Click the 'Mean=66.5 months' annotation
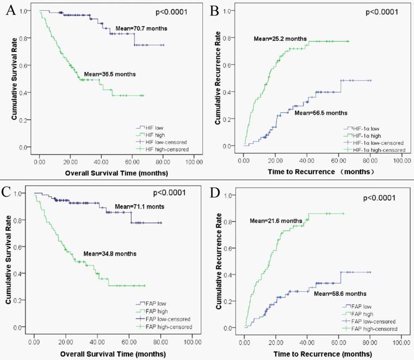321,113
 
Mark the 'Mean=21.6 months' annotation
276,220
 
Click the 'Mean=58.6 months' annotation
340,293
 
